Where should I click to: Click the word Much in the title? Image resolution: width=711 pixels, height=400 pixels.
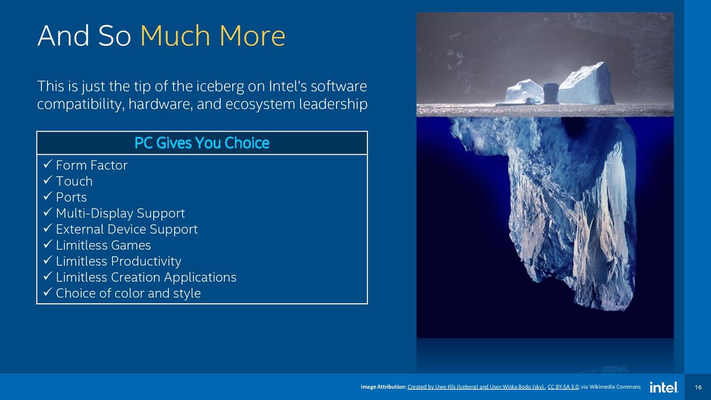[175, 36]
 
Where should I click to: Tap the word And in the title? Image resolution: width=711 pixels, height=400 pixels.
[63, 36]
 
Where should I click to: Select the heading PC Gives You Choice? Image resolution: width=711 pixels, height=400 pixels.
[202, 143]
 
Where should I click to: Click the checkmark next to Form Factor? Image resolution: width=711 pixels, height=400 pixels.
[48, 164]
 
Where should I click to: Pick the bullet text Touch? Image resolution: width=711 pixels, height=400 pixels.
[74, 181]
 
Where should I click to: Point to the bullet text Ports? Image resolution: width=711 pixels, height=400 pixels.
[72, 198]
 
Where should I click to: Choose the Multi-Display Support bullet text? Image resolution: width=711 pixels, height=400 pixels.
[120, 213]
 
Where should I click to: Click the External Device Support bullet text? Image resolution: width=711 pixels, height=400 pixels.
[127, 229]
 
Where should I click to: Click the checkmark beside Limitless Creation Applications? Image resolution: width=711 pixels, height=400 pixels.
[48, 276]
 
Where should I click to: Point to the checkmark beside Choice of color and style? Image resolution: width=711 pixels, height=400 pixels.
[48, 292]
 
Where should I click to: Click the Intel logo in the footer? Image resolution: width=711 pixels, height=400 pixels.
[664, 387]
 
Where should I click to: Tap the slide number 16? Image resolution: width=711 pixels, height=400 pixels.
[698, 387]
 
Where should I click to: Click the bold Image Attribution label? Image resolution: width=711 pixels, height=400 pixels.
[383, 387]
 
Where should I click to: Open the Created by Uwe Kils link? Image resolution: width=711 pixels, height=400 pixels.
[476, 387]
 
